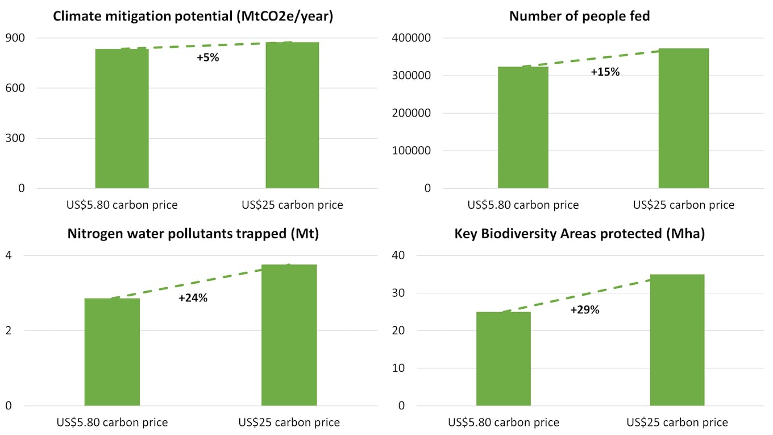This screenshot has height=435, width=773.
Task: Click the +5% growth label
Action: pyautogui.click(x=207, y=57)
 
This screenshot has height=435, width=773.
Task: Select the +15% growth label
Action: pyautogui.click(x=605, y=72)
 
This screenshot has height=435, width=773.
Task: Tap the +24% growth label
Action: pyautogui.click(x=193, y=298)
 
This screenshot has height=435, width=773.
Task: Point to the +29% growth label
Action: pyautogui.click(x=585, y=310)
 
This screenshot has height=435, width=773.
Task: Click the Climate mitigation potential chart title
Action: pyautogui.click(x=193, y=16)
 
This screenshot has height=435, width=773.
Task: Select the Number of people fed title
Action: pyautogui.click(x=579, y=16)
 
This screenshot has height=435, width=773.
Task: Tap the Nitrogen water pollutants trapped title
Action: pyautogui.click(x=193, y=234)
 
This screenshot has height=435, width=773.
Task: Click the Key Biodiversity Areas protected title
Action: pyautogui.click(x=579, y=234)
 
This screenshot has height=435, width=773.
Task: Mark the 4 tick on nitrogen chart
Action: pyautogui.click(x=9, y=256)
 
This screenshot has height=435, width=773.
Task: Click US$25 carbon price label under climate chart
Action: pyautogui.click(x=292, y=205)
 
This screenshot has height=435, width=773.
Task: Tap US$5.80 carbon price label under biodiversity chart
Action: pyautogui.click(x=504, y=422)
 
